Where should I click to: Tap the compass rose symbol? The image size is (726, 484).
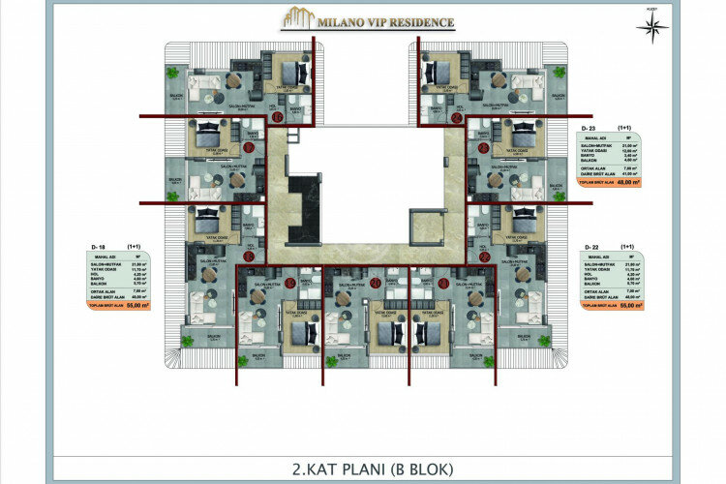pyautogui.click(x=649, y=26)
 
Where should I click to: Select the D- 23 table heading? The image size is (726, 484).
pyautogui.click(x=587, y=128)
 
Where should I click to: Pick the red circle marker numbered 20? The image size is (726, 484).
pyautogui.click(x=347, y=283)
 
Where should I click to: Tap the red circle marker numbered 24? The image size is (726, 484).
pyautogui.click(x=456, y=117)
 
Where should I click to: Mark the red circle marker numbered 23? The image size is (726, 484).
pyautogui.click(x=483, y=147)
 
